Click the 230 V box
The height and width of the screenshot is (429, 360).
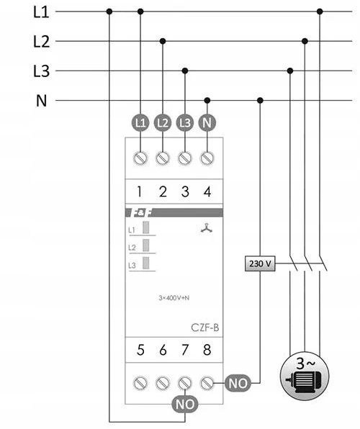click(x=260, y=263)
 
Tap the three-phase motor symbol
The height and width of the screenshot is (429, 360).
click(x=305, y=376)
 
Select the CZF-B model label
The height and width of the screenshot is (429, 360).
click(x=204, y=328)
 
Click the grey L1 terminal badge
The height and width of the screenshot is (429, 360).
click(x=140, y=122)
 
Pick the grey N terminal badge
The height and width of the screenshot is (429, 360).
click(x=207, y=122)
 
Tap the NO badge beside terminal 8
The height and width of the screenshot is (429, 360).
click(x=238, y=383)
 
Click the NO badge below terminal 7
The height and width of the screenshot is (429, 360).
click(x=185, y=404)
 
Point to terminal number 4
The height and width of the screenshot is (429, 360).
click(x=207, y=191)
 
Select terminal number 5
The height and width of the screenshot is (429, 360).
click(x=140, y=350)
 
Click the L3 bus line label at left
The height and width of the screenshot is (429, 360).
click(x=41, y=71)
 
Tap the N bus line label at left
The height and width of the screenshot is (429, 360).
click(x=41, y=101)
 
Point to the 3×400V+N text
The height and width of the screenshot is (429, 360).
click(x=174, y=298)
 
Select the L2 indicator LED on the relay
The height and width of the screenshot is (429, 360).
click(x=146, y=245)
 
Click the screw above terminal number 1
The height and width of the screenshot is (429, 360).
click(x=140, y=158)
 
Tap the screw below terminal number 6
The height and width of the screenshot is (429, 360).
click(x=163, y=383)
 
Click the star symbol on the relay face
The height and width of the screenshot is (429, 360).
click(x=207, y=228)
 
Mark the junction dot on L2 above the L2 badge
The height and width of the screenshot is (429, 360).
click(x=163, y=41)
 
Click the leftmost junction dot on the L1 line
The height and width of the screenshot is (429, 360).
click(x=109, y=12)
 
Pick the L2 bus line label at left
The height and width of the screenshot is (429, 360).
click(x=41, y=41)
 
